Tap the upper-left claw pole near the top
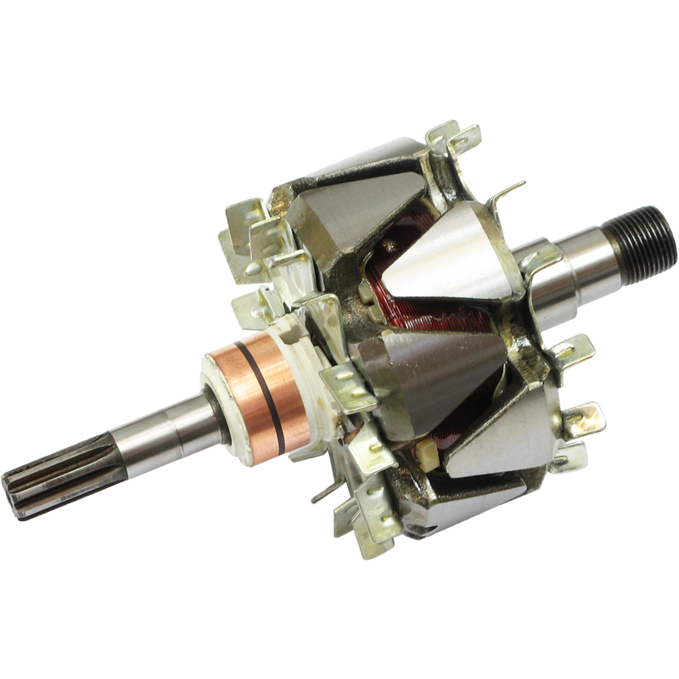tap(356, 204)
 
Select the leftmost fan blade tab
tap(242, 246)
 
